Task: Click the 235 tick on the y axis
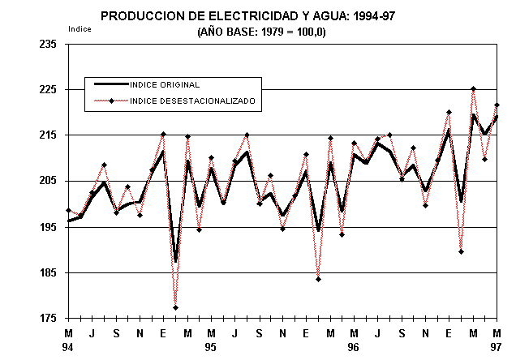click(x=46, y=45)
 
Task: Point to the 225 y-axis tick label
click(x=46, y=90)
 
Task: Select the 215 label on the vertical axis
click(x=46, y=135)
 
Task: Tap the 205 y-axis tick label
click(x=46, y=181)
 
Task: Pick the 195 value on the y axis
click(x=46, y=227)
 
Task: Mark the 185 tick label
click(x=46, y=272)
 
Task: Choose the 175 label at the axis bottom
click(x=46, y=318)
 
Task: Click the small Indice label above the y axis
click(x=80, y=28)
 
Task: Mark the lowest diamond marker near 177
click(x=175, y=308)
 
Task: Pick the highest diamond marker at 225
click(x=473, y=89)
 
